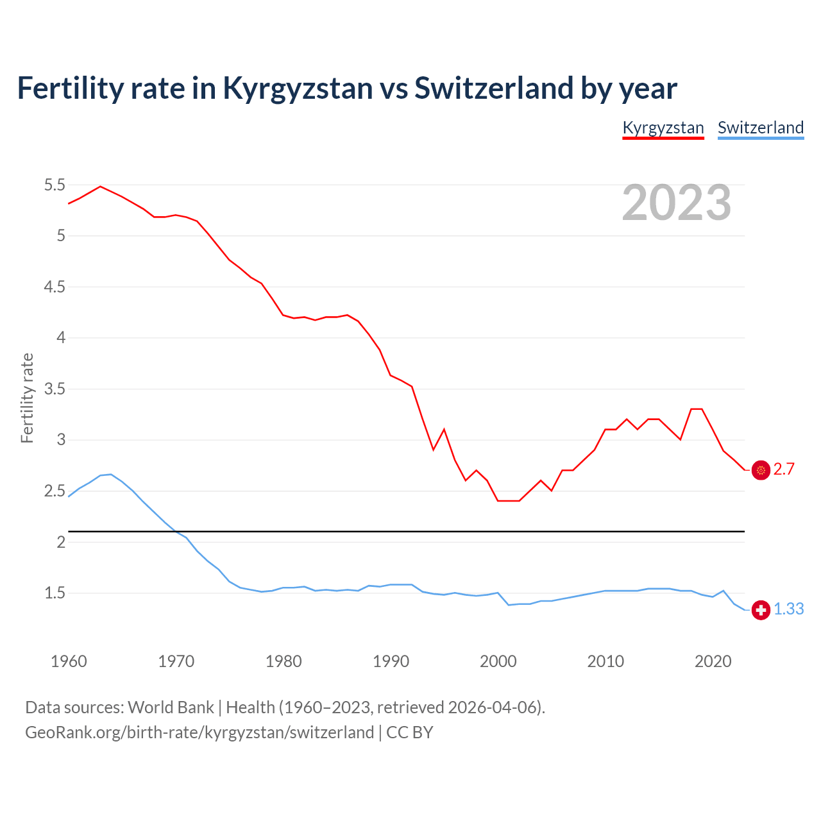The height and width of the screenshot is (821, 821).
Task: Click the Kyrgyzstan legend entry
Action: pos(663,128)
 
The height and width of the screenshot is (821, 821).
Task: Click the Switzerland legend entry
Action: pos(760,128)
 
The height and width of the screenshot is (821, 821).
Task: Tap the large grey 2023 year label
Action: pos(677,203)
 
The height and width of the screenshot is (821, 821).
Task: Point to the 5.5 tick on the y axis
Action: pos(55,185)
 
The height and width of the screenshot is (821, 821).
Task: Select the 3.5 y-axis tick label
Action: pos(55,389)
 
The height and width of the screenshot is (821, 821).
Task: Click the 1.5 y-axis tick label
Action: pos(55,593)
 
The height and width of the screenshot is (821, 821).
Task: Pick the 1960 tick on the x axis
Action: pos(69,661)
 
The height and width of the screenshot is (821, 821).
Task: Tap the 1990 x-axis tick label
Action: pos(391,661)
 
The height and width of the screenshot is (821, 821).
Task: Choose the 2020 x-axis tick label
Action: pos(713,661)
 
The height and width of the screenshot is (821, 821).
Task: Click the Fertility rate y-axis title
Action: pos(27,398)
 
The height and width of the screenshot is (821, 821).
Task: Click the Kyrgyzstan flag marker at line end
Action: pos(761,470)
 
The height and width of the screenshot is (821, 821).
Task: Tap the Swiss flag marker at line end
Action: pos(761,610)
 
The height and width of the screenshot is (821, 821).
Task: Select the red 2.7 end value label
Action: pos(784,470)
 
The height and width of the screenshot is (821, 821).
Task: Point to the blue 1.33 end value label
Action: pos(788,609)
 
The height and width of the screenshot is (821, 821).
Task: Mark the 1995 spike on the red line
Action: pos(444,429)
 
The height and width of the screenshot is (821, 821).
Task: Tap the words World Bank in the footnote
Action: pos(171,707)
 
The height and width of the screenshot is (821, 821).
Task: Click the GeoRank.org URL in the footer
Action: pos(199,732)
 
